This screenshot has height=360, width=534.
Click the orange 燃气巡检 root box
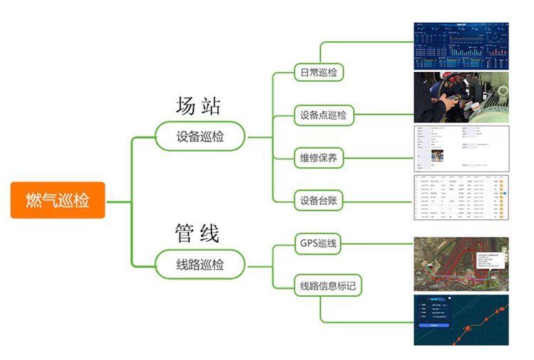coord(58,200)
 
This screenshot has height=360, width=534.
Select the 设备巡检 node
coord(200,136)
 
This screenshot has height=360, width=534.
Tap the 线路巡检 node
coord(200,265)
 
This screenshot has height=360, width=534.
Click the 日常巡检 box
coord(318,72)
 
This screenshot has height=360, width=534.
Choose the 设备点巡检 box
coord(323,115)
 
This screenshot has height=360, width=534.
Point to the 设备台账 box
coord(318,201)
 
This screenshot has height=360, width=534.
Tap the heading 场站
coord(199,106)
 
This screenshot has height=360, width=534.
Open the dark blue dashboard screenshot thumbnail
coord(461,46)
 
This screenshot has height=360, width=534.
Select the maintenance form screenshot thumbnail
coord(461,148)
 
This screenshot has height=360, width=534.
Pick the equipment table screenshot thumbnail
coord(461,201)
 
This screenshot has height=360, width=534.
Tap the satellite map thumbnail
coord(461,264)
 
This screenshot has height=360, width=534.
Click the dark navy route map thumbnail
coord(461,320)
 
